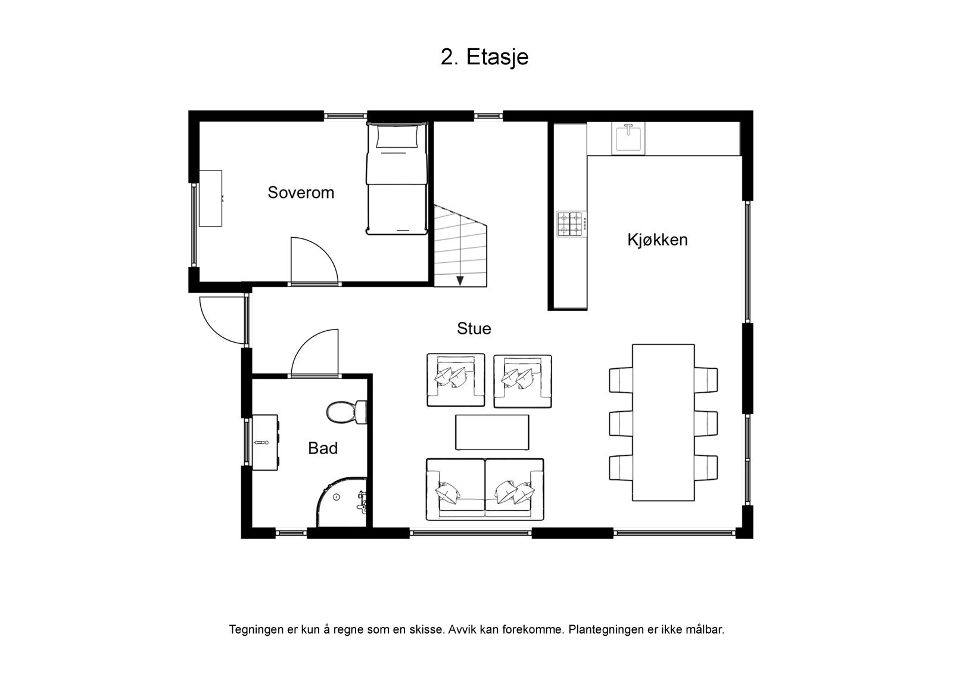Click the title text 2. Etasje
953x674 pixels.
pyautogui.click(x=484, y=57)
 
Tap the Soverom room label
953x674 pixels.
pyautogui.click(x=301, y=192)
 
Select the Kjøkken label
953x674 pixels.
pyautogui.click(x=658, y=240)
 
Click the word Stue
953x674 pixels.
pyautogui.click(x=474, y=328)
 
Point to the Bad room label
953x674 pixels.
pyautogui.click(x=323, y=448)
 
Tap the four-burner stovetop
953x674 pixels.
pyautogui.click(x=570, y=223)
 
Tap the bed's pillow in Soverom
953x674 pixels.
pyautogui.click(x=396, y=138)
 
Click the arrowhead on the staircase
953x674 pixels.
pyautogui.click(x=460, y=280)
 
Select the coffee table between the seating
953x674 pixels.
pyautogui.click(x=492, y=432)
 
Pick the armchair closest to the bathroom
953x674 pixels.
pyautogui.click(x=456, y=380)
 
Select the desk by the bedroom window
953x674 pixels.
pyautogui.click(x=210, y=198)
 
